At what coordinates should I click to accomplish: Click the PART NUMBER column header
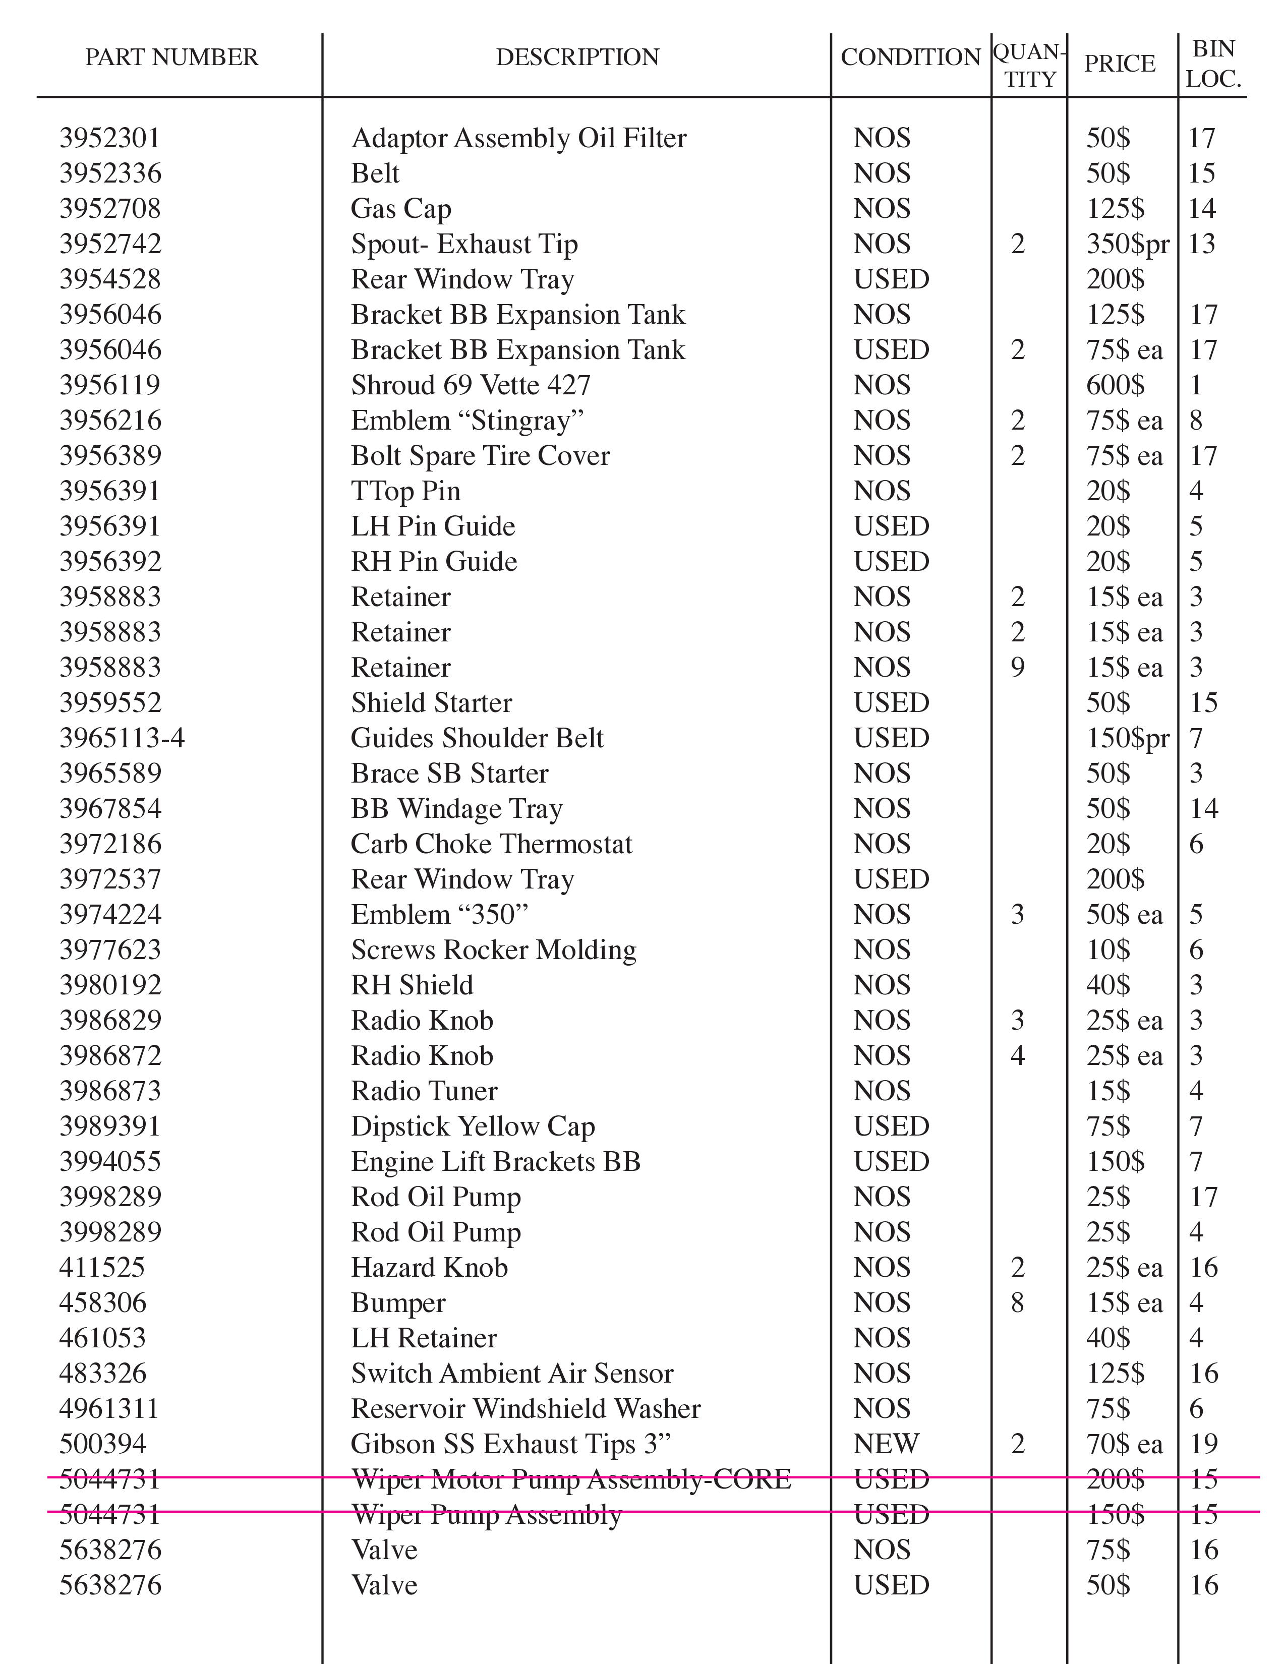[x=171, y=57]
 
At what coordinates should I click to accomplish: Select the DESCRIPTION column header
[x=577, y=57]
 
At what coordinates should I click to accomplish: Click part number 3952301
[x=110, y=139]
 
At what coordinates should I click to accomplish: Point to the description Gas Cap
[x=401, y=209]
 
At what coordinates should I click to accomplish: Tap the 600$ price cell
[x=1115, y=386]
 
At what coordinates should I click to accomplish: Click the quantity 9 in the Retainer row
[x=1017, y=668]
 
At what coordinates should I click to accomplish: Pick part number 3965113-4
[x=122, y=738]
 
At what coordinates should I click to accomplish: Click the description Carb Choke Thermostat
[x=491, y=844]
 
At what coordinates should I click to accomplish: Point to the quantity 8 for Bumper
[x=1017, y=1303]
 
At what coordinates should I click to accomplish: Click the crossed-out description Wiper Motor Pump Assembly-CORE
[x=570, y=1479]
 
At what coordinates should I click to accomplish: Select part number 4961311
[x=109, y=1409]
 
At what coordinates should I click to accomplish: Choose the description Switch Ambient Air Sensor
[x=512, y=1374]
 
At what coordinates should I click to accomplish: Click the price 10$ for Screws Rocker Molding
[x=1108, y=950]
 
